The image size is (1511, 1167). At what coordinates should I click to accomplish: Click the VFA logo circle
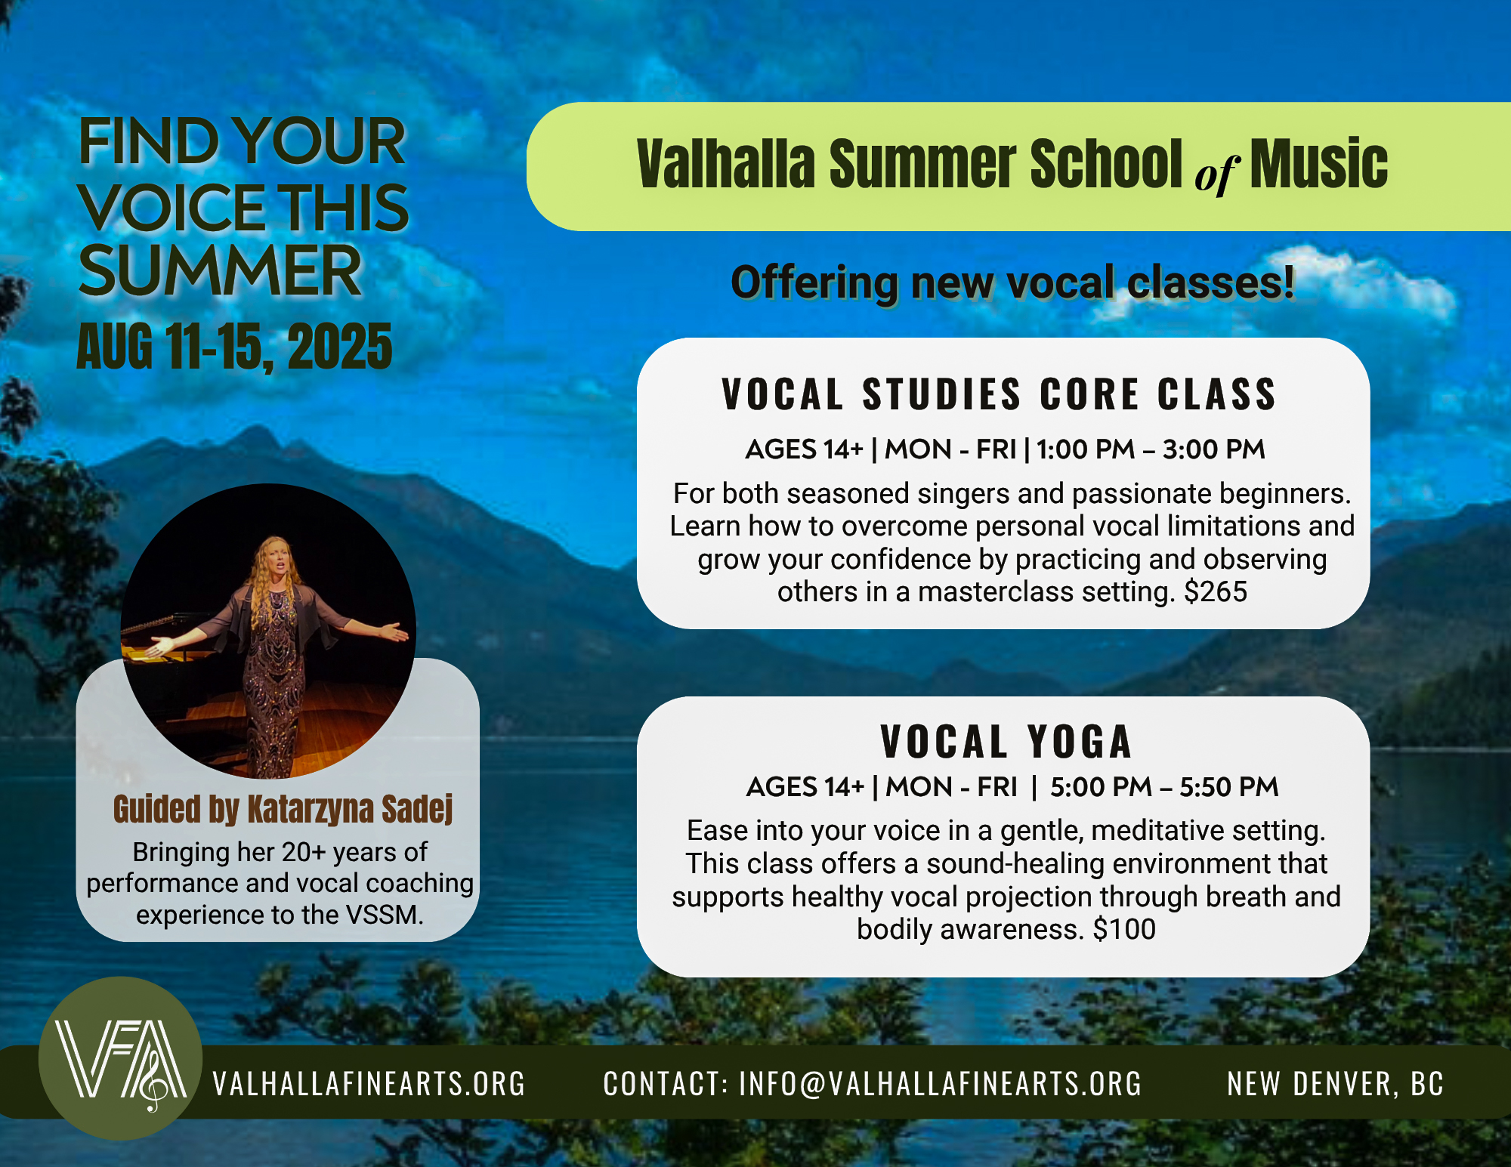120,1057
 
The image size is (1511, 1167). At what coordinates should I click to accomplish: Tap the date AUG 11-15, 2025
234,347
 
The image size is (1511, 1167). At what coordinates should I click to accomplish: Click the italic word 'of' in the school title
1216,174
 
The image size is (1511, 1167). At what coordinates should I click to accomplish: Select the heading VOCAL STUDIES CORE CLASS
999,394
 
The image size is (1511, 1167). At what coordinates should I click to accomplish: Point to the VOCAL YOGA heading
1006,742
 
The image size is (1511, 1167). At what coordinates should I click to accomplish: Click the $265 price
1215,591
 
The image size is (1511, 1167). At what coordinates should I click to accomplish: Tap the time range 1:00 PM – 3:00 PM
1150,449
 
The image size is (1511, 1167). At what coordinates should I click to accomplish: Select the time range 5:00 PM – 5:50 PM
1163,787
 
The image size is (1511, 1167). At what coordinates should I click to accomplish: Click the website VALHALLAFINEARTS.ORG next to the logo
369,1083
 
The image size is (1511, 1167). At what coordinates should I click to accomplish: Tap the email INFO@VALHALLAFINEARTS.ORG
940,1083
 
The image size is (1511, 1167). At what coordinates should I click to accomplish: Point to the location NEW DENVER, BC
1335,1083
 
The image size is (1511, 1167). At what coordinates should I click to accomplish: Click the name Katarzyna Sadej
351,809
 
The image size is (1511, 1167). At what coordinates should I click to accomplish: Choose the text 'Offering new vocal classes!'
1012,282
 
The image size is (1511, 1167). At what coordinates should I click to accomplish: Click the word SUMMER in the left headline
220,270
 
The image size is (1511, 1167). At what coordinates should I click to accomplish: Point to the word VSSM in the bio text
384,915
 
